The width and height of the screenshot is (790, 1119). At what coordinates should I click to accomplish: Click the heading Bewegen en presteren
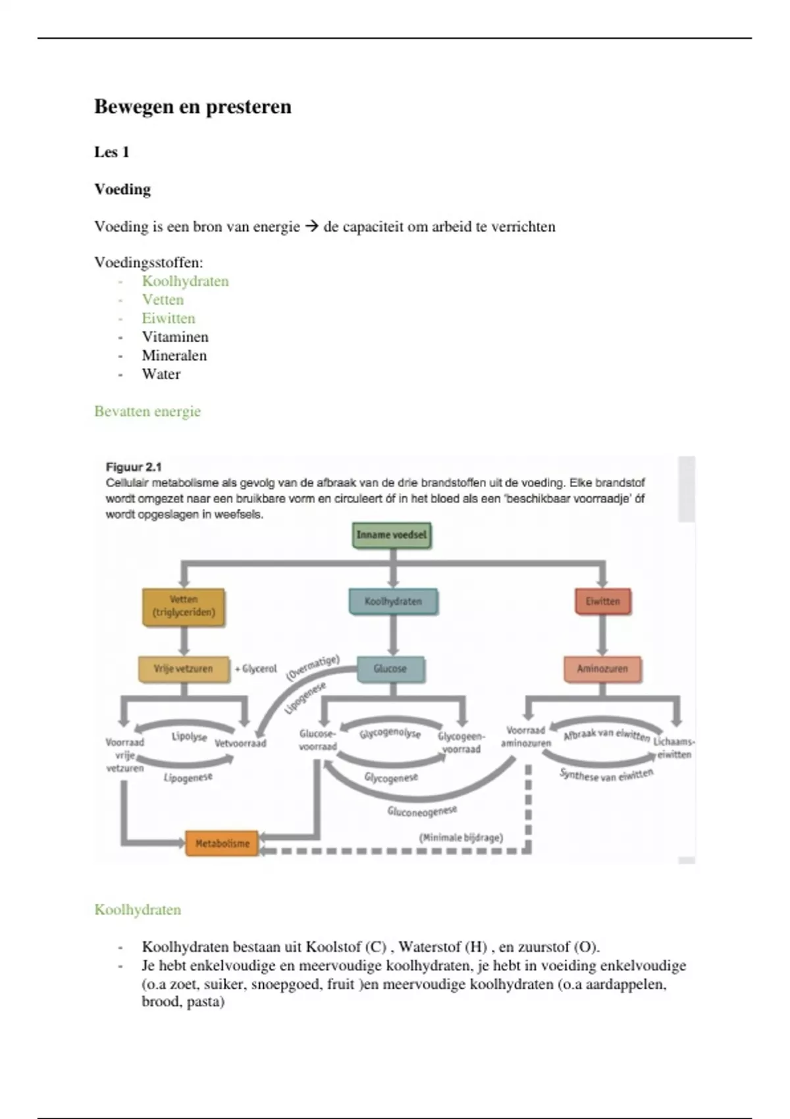[192, 107]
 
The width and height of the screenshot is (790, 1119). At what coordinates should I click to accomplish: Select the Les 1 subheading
[111, 152]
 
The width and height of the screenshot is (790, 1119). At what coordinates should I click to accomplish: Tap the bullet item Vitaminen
[175, 337]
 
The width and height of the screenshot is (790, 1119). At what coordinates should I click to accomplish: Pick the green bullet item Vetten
[163, 299]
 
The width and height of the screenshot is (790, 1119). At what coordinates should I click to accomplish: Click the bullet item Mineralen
[174, 355]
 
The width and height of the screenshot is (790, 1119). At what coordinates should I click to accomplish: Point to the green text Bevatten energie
[147, 411]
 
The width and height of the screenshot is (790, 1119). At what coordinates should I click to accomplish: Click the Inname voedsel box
[392, 535]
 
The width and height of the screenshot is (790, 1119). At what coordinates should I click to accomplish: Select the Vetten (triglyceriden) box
[184, 606]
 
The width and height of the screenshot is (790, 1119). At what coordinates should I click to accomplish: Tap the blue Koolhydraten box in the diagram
[393, 602]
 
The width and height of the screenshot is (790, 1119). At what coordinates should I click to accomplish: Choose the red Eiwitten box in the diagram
[602, 602]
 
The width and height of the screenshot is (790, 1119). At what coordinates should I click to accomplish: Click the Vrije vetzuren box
[184, 669]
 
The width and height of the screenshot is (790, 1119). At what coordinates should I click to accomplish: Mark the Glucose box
[390, 669]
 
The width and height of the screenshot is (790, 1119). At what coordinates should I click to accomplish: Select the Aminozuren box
[602, 669]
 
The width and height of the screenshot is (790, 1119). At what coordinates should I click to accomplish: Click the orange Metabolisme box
[222, 843]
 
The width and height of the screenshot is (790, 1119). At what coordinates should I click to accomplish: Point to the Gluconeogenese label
[422, 811]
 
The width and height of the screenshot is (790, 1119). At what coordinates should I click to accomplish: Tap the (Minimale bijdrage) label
[461, 837]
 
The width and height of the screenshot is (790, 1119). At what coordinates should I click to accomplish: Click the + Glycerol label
[256, 669]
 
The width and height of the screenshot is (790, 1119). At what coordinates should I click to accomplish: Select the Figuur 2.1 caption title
[134, 467]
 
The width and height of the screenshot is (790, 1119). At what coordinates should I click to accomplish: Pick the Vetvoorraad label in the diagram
[240, 743]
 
